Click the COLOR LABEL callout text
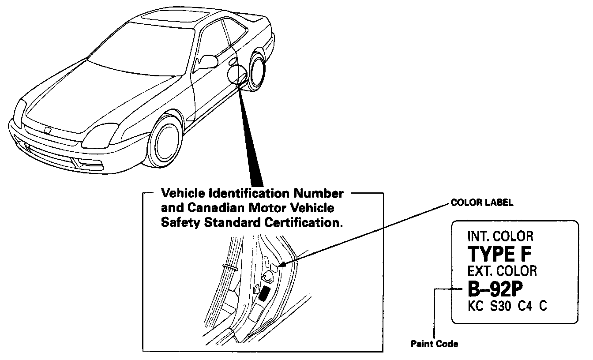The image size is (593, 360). (x=482, y=203)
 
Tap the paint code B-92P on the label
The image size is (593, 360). (x=495, y=289)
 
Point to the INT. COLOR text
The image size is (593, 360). (x=500, y=236)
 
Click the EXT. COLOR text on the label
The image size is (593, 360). (x=502, y=270)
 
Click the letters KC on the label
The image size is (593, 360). (x=475, y=306)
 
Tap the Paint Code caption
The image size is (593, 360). (x=434, y=344)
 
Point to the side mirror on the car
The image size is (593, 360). (x=207, y=62)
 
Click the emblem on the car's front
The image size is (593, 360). (x=47, y=131)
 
